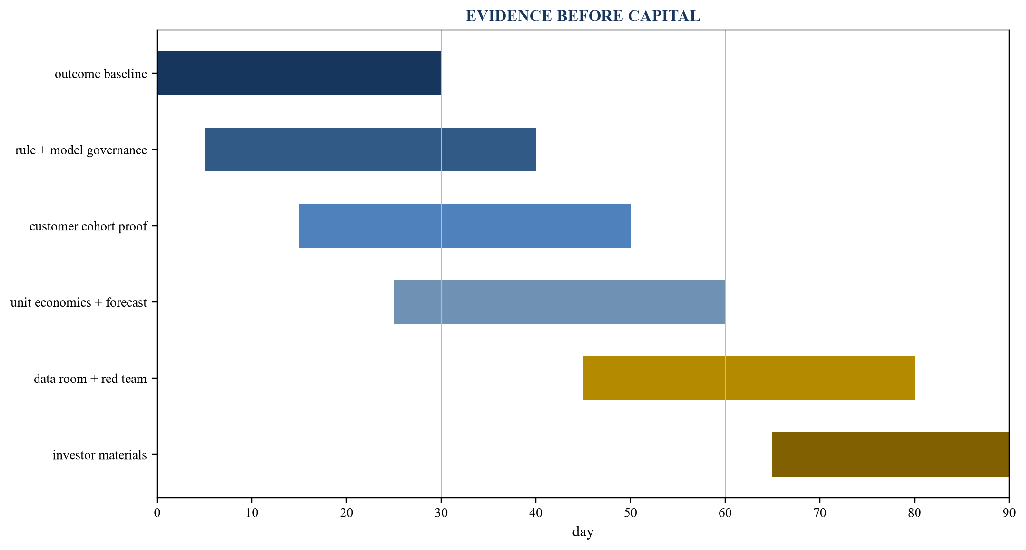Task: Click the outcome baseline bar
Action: coord(299,73)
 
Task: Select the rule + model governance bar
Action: coord(370,150)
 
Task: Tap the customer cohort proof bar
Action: coord(465,226)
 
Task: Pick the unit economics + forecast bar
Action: coord(560,302)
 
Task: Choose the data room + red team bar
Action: coord(749,378)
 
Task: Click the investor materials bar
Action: coord(891,454)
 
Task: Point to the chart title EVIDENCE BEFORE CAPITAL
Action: coord(583,16)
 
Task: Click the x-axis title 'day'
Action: coord(583,532)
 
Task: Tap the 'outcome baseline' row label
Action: coord(101,74)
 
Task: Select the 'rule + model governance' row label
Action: coord(81,150)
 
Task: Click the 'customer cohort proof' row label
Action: coord(89,227)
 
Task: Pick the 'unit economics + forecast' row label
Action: coord(79,302)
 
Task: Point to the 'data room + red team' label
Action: coord(90,379)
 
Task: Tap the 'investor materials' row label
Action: coord(100,455)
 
